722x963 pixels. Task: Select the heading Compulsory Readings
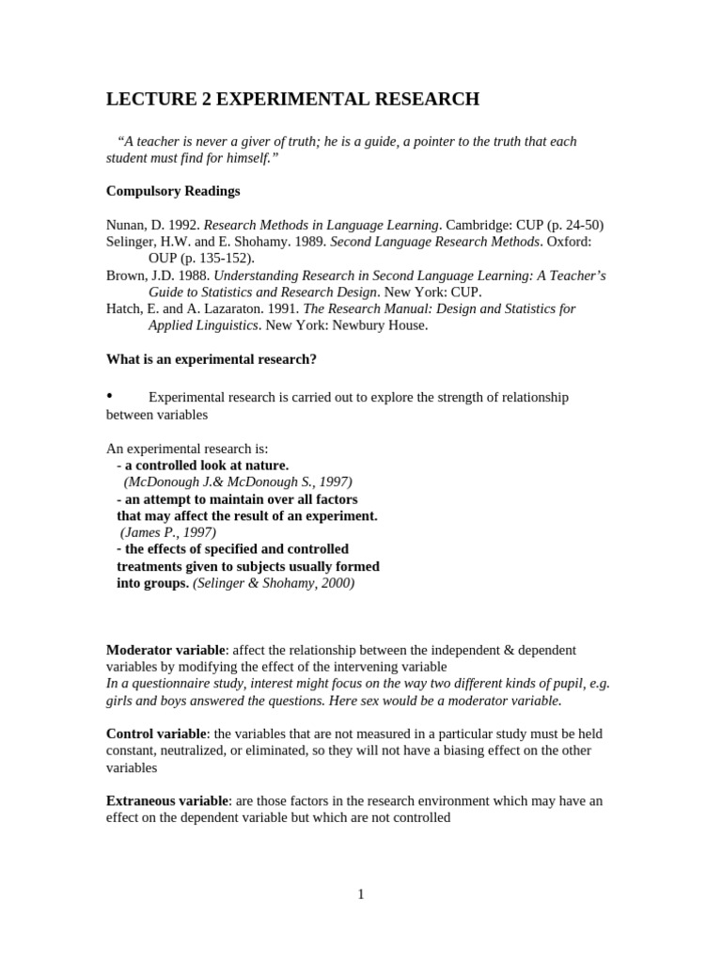pos(173,191)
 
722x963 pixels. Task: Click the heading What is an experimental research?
pos(212,359)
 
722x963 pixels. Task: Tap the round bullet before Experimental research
pos(110,396)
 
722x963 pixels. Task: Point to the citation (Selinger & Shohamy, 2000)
pos(274,583)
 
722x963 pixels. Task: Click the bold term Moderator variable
pos(165,650)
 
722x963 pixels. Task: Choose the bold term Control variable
pos(155,734)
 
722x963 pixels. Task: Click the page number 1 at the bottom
pos(361,894)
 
